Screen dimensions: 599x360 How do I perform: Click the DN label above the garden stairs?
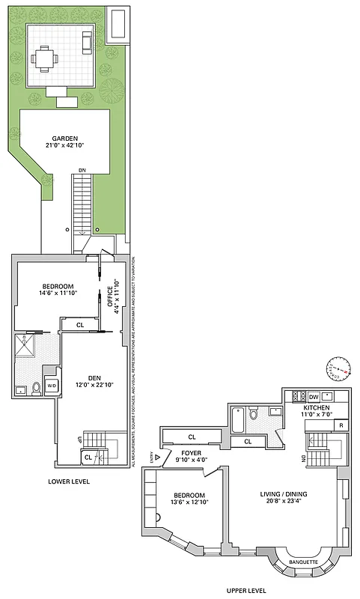(82, 171)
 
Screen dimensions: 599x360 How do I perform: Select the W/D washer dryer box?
(52, 385)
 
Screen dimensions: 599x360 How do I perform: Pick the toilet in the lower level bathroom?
(35, 386)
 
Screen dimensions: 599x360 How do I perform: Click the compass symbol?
(338, 368)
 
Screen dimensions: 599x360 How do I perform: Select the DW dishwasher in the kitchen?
(314, 397)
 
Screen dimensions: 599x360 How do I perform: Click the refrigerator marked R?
(341, 425)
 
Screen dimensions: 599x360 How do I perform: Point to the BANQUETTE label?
(303, 562)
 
